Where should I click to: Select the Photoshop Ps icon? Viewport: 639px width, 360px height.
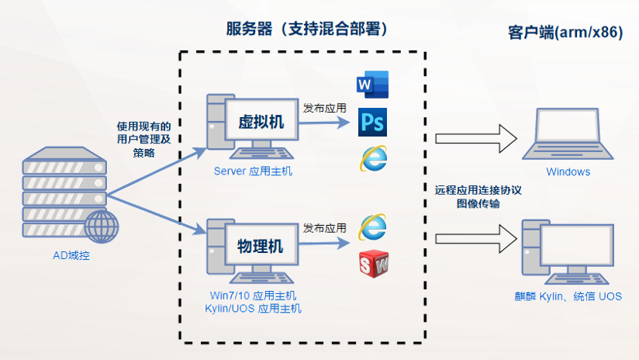(x=372, y=123)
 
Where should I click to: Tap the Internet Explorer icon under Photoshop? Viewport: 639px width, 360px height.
(x=373, y=157)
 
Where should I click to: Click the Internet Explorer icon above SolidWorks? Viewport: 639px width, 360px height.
(x=373, y=227)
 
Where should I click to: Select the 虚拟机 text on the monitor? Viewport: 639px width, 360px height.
(x=261, y=123)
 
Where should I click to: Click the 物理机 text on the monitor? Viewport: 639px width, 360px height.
(x=260, y=247)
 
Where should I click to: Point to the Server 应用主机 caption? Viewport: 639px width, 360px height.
(x=253, y=171)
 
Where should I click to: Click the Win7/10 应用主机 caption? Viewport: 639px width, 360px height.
(x=253, y=296)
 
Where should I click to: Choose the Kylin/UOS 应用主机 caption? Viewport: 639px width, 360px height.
(x=253, y=309)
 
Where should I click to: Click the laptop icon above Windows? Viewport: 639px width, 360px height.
(x=568, y=133)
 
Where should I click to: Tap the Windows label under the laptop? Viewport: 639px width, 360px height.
(x=568, y=172)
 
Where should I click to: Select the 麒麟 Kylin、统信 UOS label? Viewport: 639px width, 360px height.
(x=568, y=297)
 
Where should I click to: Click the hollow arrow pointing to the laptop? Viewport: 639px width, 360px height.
(x=475, y=140)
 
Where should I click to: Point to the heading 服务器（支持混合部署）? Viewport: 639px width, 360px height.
(x=306, y=29)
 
